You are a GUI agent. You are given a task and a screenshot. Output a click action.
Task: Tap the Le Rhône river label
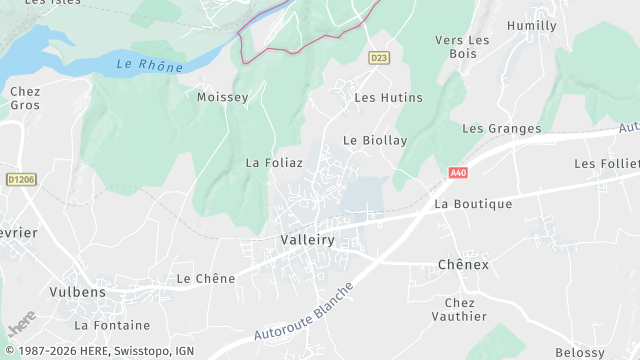149,66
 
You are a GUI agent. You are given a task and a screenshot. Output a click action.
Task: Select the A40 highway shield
458,173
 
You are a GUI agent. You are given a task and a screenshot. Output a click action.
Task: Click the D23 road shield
378,58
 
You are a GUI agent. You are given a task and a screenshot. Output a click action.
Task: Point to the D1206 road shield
20,180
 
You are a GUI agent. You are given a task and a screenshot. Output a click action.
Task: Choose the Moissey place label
222,97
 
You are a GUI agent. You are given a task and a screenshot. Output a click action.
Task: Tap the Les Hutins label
389,98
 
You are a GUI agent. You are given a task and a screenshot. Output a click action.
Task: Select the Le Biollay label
375,141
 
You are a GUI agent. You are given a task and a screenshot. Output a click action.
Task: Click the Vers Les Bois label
462,47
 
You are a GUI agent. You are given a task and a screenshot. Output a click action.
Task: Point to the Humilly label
532,26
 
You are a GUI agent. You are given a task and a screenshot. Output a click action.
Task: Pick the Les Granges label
501,129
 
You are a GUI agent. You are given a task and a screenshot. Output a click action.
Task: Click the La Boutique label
473,204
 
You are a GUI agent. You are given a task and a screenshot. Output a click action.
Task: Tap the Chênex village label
463,265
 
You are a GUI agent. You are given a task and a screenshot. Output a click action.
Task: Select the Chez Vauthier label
466,309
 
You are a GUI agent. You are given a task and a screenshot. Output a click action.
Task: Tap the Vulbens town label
77,293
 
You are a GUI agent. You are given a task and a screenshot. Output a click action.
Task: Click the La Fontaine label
112,325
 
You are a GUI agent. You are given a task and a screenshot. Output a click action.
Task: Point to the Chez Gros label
25,98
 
